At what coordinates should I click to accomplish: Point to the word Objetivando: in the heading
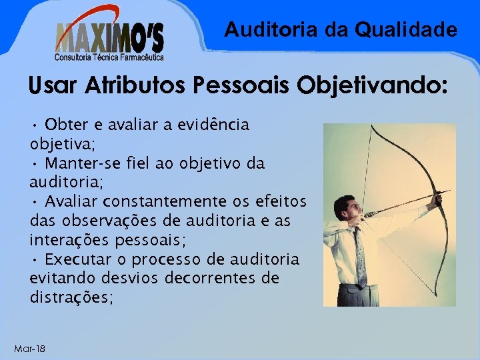click(379, 86)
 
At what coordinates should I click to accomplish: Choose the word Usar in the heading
click(51, 86)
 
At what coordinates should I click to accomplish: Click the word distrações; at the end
click(71, 297)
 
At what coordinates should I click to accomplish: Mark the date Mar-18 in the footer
click(29, 349)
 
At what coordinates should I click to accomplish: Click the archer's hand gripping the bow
click(437, 198)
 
